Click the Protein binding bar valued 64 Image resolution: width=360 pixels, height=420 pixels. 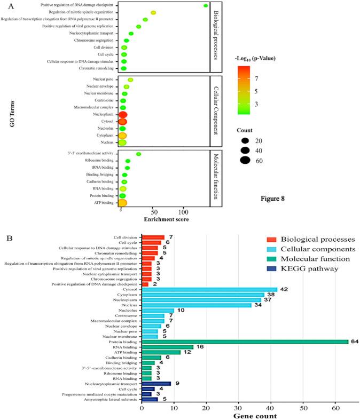click(245, 342)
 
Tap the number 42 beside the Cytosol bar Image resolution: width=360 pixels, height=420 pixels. click(285, 290)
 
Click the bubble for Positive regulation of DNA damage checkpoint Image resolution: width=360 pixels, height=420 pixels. click(206, 6)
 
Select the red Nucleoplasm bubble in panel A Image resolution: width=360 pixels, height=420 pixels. click(122, 115)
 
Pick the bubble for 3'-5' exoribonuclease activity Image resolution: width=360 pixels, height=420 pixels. click(138, 154)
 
